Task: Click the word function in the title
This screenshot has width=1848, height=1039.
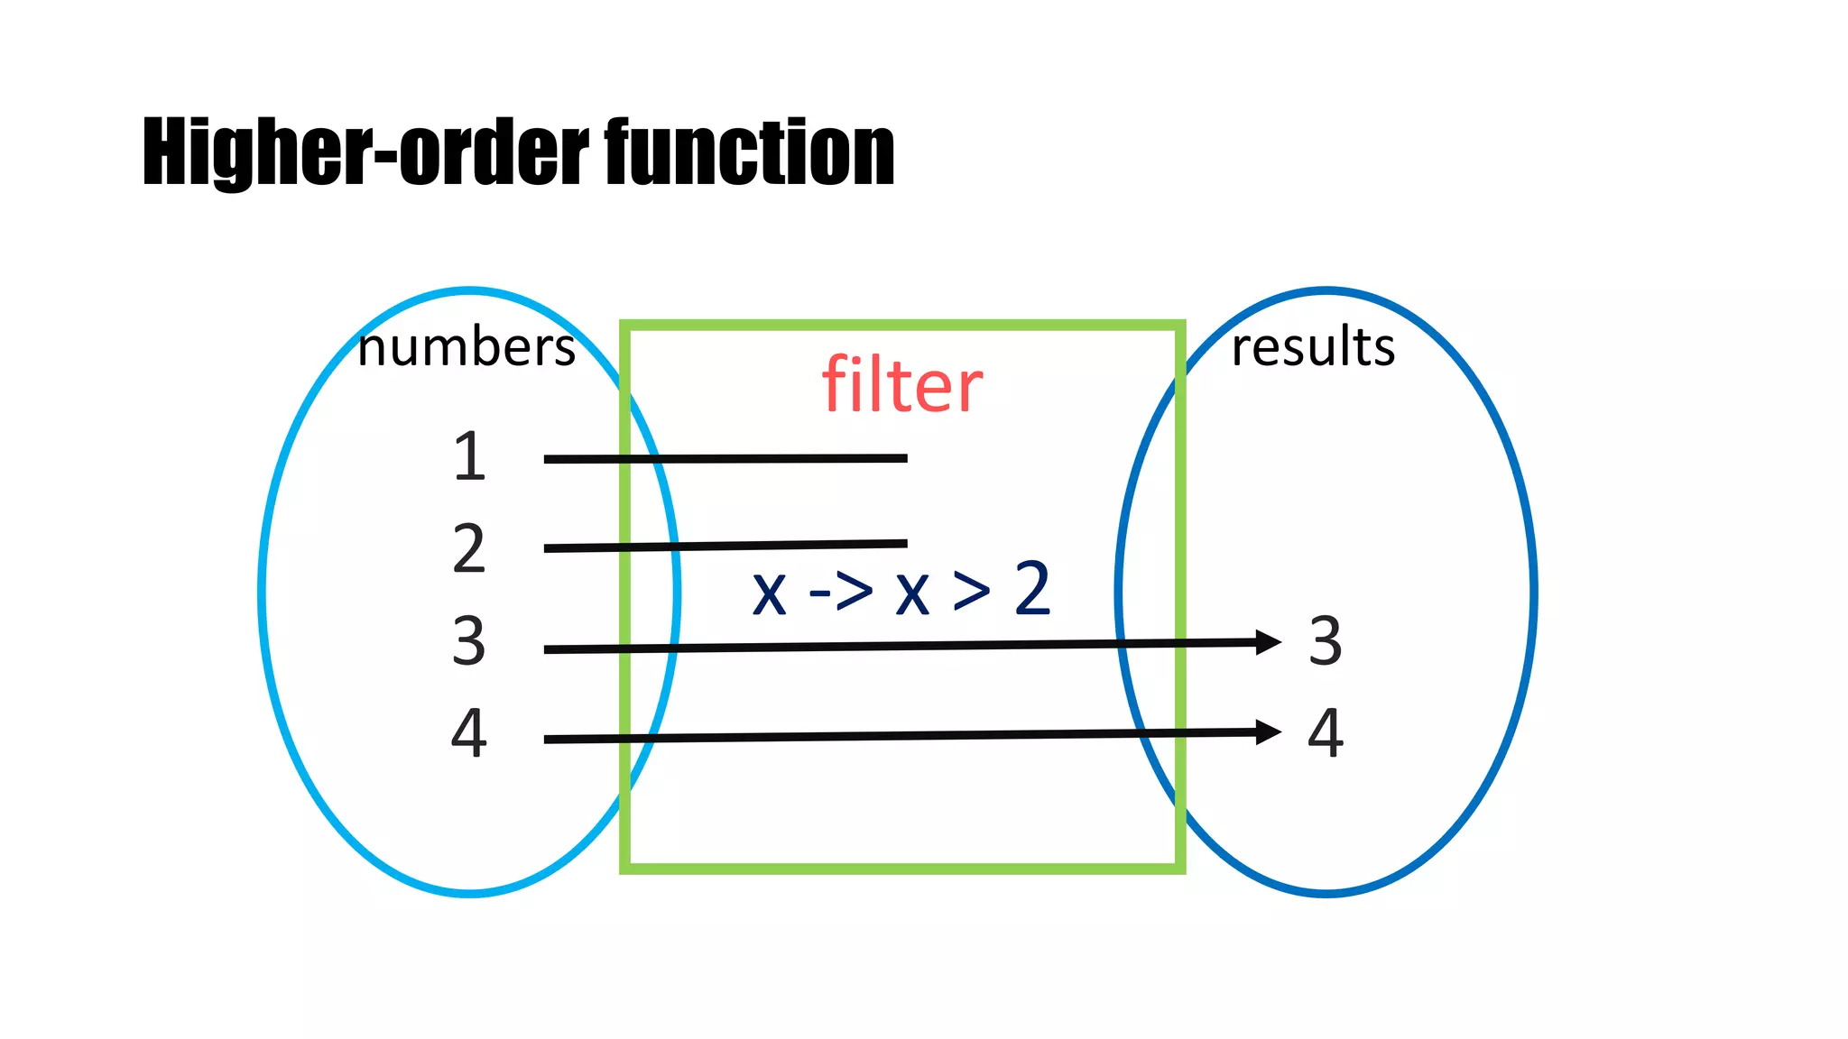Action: coord(749,153)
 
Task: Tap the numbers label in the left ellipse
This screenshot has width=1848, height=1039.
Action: coord(466,348)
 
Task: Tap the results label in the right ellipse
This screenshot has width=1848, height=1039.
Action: coord(1313,347)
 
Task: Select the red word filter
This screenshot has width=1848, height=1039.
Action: coord(901,386)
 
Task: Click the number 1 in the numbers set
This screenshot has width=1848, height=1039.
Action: coord(469,456)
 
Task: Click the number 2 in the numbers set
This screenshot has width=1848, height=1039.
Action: coord(469,548)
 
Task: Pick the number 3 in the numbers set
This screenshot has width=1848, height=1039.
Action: coord(469,641)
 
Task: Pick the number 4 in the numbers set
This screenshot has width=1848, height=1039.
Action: coord(469,732)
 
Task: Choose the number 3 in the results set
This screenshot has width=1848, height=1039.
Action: coord(1326,641)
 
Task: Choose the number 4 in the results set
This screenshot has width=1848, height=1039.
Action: coord(1326,732)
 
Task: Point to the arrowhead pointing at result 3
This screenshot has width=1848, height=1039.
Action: coord(1269,642)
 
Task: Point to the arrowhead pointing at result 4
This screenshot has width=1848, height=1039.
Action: coord(1269,732)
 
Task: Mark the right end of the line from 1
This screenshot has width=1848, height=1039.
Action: coord(904,458)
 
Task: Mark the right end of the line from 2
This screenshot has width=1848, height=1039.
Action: coord(904,544)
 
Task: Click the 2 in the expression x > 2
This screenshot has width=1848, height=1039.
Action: coord(1032,589)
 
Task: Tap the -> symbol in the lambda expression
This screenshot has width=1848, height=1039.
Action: coord(841,592)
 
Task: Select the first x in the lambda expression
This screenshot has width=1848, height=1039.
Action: coord(770,595)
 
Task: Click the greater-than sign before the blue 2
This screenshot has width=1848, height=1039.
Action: coord(972,592)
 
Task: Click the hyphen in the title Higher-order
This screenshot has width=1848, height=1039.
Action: coord(385,158)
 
